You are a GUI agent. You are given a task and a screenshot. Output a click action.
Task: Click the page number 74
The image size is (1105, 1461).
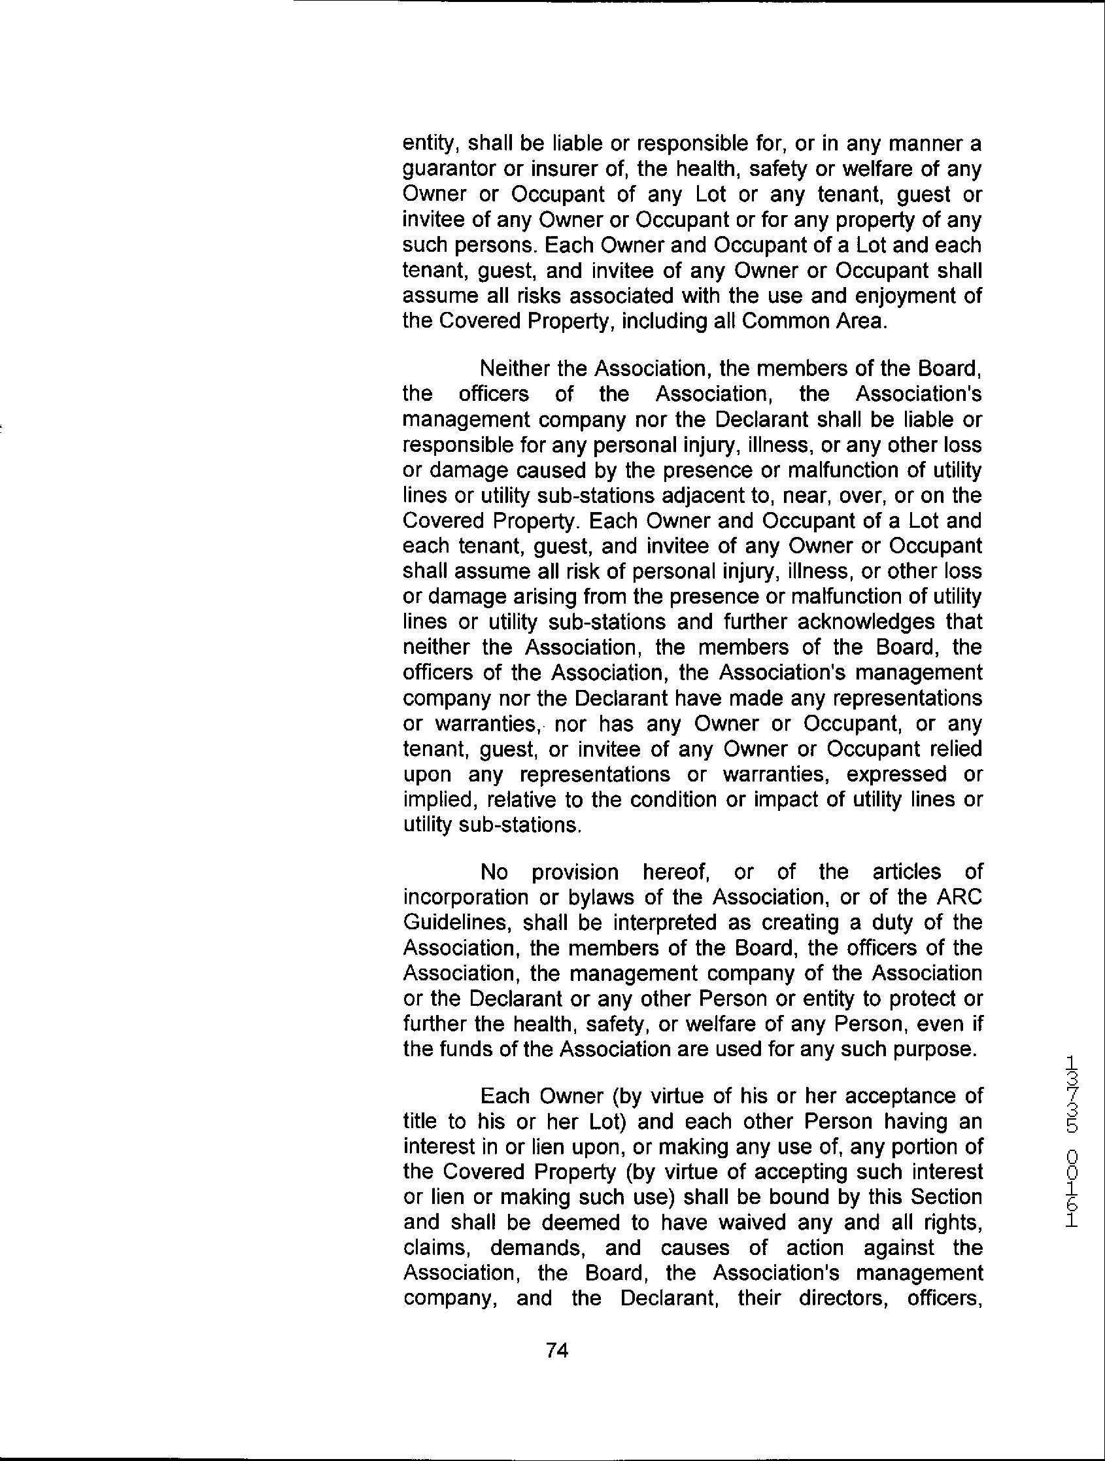point(558,1350)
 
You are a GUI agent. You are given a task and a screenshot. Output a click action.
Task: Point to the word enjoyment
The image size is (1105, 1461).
point(896,296)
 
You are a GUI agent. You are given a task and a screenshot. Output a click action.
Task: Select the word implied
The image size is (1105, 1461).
point(439,800)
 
